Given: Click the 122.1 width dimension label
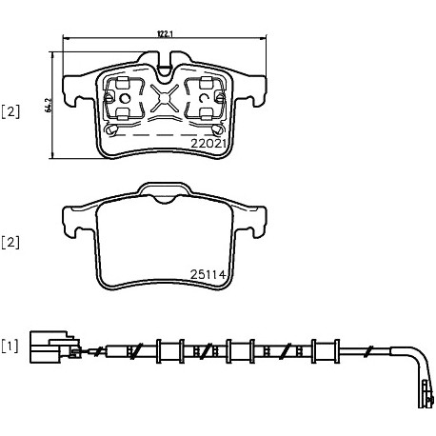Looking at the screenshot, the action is coord(165,34).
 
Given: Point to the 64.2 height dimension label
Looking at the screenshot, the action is coord(49,105).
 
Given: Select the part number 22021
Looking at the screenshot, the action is coord(208,144).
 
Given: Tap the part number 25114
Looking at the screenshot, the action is coord(208,274).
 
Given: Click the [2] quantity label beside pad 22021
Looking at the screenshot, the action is coord(10,112).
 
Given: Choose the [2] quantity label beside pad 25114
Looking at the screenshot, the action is coord(10,243).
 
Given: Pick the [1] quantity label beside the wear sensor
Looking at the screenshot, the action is coord(10,347).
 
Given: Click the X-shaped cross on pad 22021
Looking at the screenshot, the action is coord(164,98).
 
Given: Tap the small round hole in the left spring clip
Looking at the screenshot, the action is coord(126,99).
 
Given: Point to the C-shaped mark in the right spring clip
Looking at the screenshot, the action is coord(202,99).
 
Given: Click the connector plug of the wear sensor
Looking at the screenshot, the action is coord(55,347).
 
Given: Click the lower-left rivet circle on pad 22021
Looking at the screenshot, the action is coord(111,129).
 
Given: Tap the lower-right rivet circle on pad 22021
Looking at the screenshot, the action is coord(218,129).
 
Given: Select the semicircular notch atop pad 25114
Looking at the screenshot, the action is coord(164,199).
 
